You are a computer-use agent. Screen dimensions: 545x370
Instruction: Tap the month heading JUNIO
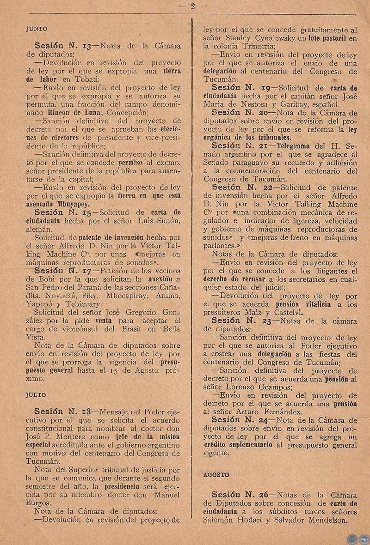tap(37, 29)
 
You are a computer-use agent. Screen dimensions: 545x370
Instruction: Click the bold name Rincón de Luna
tap(76, 112)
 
